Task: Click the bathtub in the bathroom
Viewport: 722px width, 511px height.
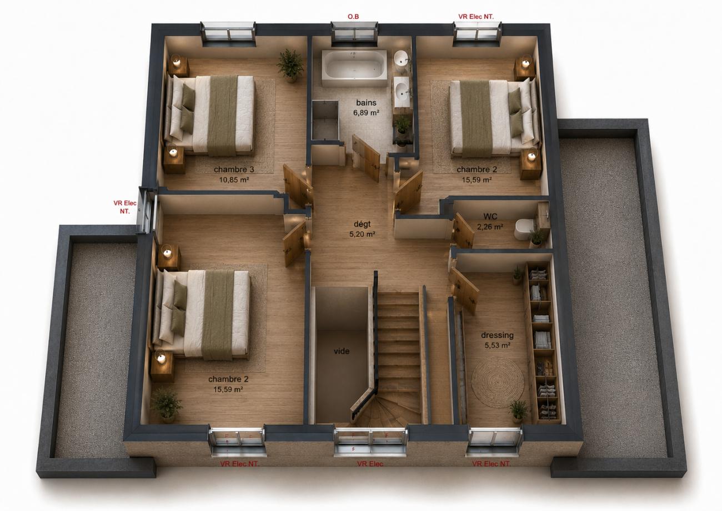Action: point(354,68)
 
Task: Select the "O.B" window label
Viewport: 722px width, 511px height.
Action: point(353,17)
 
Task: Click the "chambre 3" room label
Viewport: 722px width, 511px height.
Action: point(234,170)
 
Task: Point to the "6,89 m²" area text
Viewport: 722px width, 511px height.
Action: point(366,113)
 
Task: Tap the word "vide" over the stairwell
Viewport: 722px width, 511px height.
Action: point(342,351)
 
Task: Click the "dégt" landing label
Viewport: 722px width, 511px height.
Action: point(362,224)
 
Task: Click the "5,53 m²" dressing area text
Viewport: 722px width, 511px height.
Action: point(497,345)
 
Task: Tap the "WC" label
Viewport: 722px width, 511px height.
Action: point(490,216)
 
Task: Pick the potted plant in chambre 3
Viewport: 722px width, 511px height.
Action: point(290,66)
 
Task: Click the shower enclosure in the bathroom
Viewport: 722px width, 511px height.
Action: point(325,120)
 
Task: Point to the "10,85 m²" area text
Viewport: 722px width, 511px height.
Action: point(234,180)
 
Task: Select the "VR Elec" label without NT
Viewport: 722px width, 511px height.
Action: point(370,464)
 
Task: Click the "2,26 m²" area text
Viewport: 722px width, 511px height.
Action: point(490,227)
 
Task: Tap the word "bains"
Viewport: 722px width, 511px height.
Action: point(366,102)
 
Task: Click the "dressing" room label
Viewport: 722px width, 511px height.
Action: point(497,335)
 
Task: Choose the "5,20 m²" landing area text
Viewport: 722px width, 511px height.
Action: point(362,234)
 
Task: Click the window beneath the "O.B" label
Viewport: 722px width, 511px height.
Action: point(354,32)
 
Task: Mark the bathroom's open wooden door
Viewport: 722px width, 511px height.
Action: point(366,158)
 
